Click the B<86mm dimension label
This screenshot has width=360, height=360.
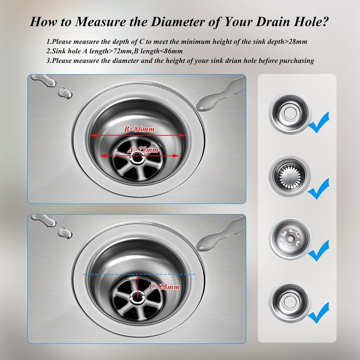click(139, 129)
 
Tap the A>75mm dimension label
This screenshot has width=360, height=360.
click(143, 150)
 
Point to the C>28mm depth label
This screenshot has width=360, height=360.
click(164, 287)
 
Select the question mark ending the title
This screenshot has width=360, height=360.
click(324, 22)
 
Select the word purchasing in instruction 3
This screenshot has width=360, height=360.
click(297, 61)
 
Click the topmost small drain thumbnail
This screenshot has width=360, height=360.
click(290, 113)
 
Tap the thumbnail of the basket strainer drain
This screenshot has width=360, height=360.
click(290, 176)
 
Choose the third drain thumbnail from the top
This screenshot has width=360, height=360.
click(290, 238)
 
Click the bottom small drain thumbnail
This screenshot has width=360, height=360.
click(290, 302)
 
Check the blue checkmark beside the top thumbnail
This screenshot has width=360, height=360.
click(319, 123)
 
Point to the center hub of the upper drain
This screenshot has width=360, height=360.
click(138, 158)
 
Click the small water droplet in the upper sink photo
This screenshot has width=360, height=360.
click(65, 94)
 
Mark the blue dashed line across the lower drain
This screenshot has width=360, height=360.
click(139, 274)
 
